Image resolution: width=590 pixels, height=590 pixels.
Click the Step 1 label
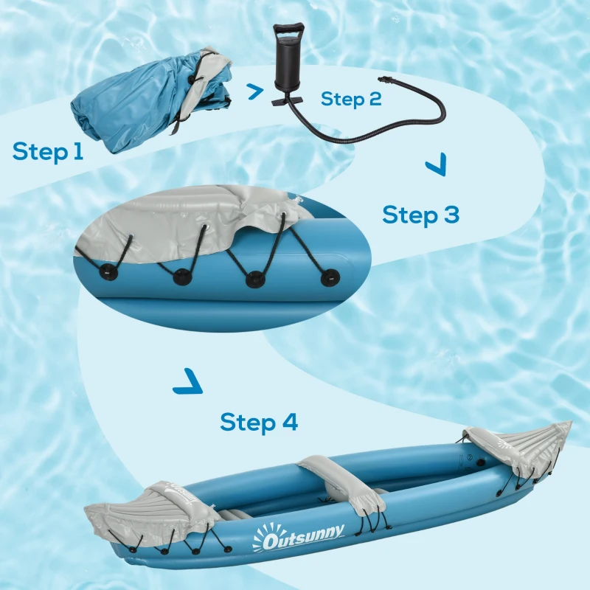(x=48, y=151)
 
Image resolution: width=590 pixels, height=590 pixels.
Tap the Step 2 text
(x=351, y=99)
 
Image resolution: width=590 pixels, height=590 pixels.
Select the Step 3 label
(x=420, y=215)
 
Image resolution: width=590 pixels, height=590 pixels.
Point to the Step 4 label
(x=259, y=423)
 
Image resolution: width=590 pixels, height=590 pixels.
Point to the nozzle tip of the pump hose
(x=383, y=77)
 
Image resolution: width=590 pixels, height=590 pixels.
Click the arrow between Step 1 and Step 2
(x=254, y=91)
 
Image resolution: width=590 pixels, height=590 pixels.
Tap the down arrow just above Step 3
(x=436, y=166)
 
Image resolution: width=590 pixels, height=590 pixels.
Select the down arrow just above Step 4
(x=187, y=383)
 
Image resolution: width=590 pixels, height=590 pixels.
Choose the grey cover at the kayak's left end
(x=147, y=513)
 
